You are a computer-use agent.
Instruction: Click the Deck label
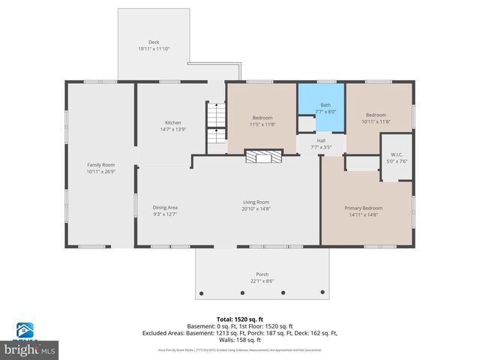(154, 42)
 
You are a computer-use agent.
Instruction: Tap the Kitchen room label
(173, 122)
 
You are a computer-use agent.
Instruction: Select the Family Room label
(100, 164)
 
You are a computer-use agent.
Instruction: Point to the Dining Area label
(165, 207)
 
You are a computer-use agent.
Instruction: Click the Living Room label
(256, 202)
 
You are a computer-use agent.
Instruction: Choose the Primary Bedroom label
(363, 208)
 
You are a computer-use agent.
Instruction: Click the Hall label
(321, 140)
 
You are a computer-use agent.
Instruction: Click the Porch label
(262, 274)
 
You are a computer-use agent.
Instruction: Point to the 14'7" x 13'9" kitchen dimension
(173, 130)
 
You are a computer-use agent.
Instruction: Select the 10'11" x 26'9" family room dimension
(100, 171)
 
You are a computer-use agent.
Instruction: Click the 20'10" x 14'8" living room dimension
(256, 208)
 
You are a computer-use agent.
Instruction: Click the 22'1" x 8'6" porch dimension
(262, 281)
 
